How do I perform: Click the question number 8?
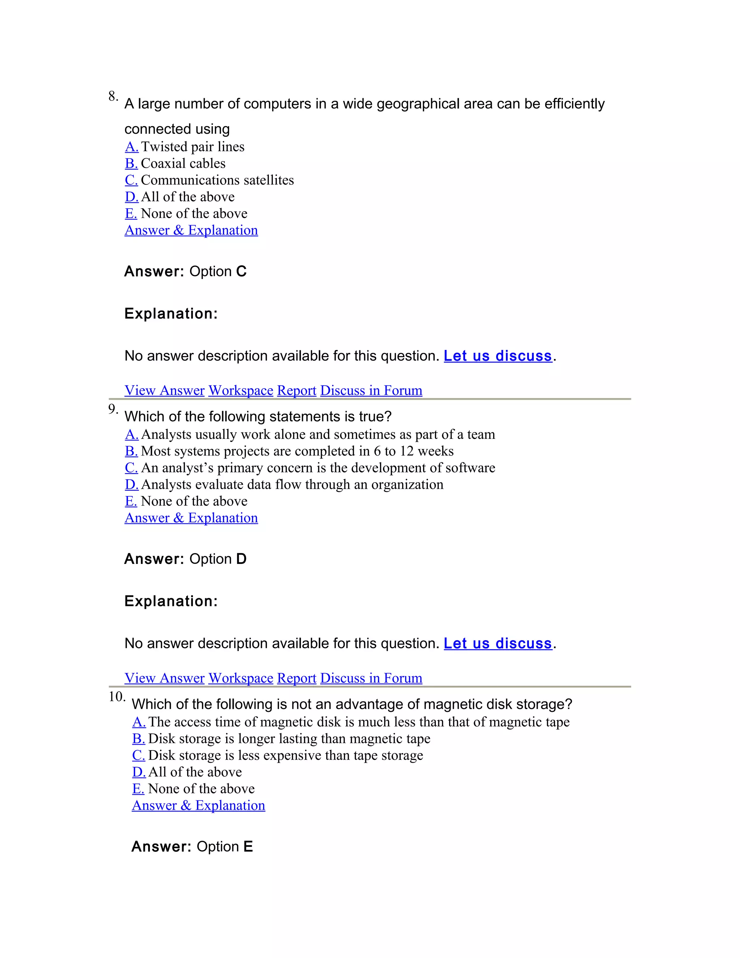[x=113, y=96]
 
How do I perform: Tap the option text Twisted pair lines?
[x=193, y=146]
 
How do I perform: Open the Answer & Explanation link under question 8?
[x=191, y=230]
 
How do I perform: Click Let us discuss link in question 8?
[x=498, y=356]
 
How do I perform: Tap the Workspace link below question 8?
[x=241, y=390]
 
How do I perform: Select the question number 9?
[x=113, y=409]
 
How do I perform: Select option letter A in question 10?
[x=138, y=722]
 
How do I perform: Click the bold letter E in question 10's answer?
[x=248, y=847]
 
